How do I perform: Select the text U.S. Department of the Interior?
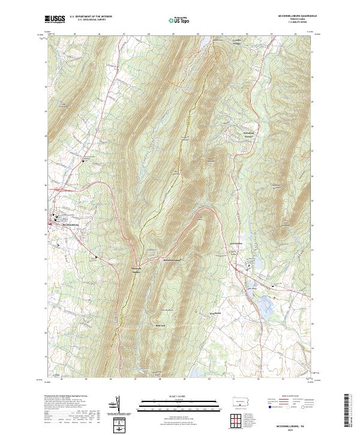[x=91, y=17]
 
